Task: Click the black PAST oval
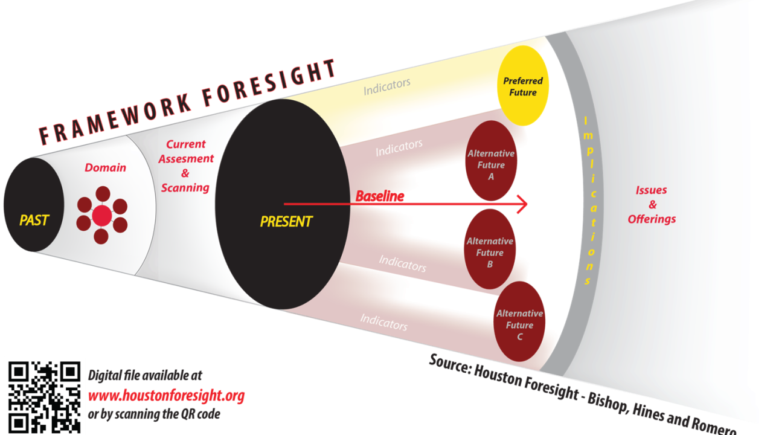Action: point(34,205)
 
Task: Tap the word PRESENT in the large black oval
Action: point(286,222)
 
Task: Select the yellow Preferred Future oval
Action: point(523,86)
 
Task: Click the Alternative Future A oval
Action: point(491,161)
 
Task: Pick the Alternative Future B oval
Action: point(490,249)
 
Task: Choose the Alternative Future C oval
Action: point(520,321)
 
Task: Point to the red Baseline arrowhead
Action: point(522,204)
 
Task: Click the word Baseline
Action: point(380,196)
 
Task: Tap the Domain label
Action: point(105,168)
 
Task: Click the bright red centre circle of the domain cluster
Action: point(102,216)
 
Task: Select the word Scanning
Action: point(185,188)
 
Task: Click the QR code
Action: point(45,398)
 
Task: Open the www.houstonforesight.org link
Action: point(166,396)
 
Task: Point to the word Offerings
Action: point(652,219)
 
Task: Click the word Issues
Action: point(651,190)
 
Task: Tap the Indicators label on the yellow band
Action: point(387,86)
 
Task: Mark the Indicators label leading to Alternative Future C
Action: point(383,322)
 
